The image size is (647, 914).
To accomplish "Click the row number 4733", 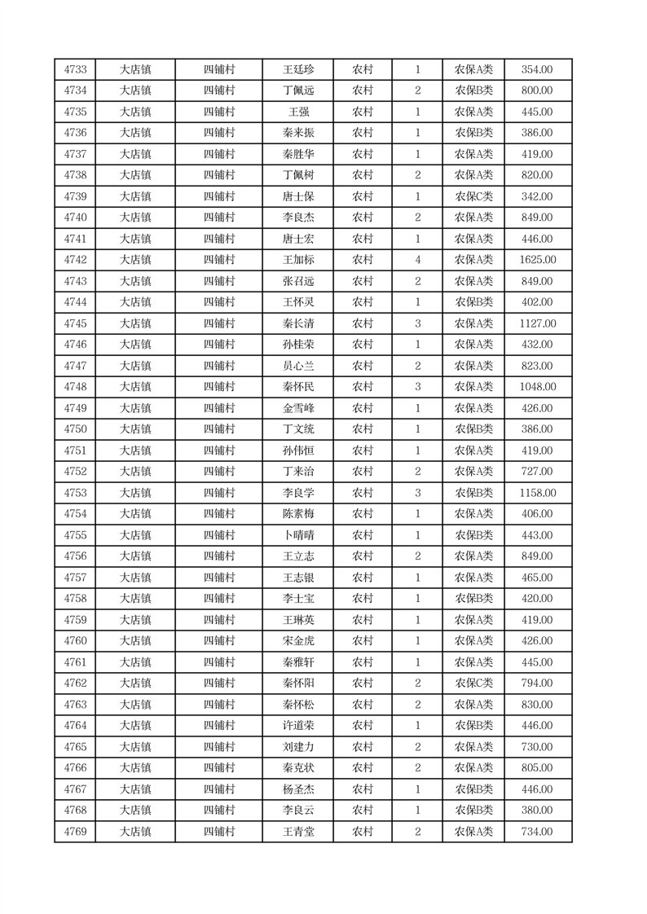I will [x=75, y=70].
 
